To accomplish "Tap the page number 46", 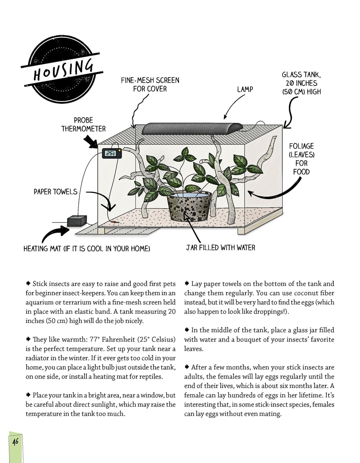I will [15, 441].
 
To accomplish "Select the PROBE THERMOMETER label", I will [83, 124].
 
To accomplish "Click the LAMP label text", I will [245, 90].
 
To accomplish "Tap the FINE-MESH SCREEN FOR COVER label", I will [150, 84].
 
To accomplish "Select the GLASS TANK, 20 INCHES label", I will [299, 83].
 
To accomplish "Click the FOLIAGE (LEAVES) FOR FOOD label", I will [301, 159].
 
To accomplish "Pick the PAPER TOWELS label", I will [56, 192].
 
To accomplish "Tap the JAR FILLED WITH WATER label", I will [220, 247].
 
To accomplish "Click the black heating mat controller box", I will [76, 221].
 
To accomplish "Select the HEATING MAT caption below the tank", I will [86, 248].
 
